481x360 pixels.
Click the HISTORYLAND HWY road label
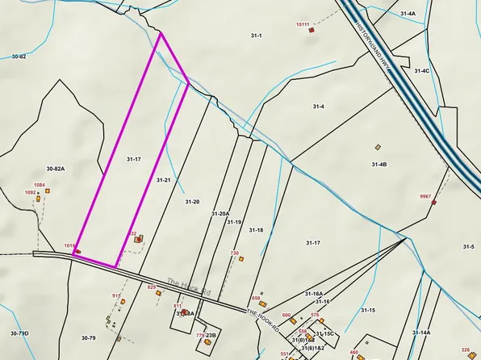tap(374, 48)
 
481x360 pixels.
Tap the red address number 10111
tap(303, 24)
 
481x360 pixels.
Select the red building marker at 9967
tap(433, 203)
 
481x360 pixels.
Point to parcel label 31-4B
tap(379, 165)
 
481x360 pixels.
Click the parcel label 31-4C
tap(422, 71)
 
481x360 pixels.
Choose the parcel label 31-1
tap(257, 36)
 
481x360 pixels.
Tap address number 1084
tap(39, 185)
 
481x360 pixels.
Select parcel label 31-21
tap(163, 179)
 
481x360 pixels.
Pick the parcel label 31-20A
tap(220, 214)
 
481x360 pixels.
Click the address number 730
tap(235, 253)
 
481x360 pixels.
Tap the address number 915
tap(116, 296)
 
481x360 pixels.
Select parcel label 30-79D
tap(19, 333)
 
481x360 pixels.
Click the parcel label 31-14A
tap(420, 332)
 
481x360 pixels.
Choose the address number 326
tap(465, 348)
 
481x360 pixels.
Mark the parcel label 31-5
tap(468, 246)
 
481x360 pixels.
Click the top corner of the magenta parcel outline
tap(161, 33)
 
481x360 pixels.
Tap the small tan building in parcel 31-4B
tap(377, 147)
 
